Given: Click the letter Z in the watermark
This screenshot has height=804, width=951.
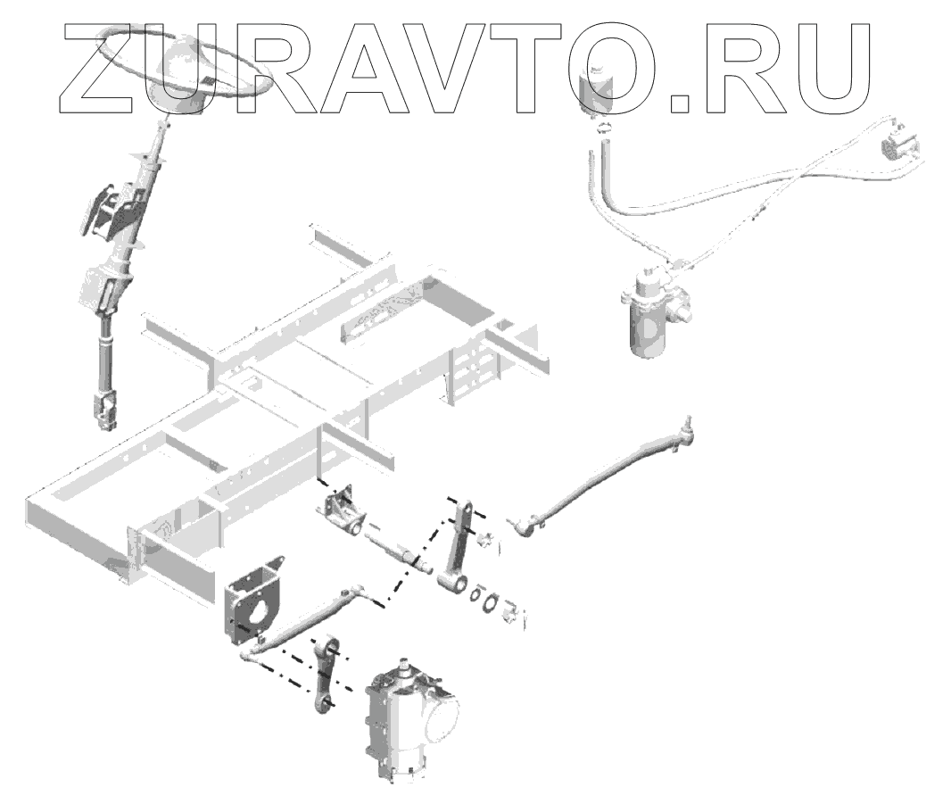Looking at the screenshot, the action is pos(108,67).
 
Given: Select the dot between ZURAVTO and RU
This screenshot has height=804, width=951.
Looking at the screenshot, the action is pos(682,105).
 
